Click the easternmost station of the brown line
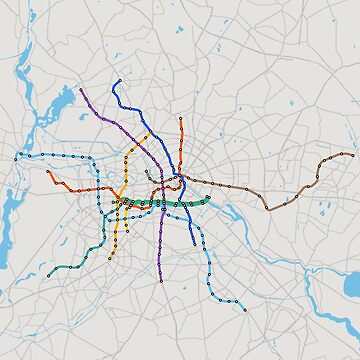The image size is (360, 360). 352,154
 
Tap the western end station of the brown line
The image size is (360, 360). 146,172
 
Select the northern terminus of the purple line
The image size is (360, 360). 82,90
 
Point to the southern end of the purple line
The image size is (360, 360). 161,281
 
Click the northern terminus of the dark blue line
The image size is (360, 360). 119,80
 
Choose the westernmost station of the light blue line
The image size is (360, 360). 16,158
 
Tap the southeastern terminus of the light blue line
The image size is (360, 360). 243,308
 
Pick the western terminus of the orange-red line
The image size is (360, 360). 48,171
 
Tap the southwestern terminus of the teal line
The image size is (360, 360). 47,275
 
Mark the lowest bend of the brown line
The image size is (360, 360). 268,208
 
